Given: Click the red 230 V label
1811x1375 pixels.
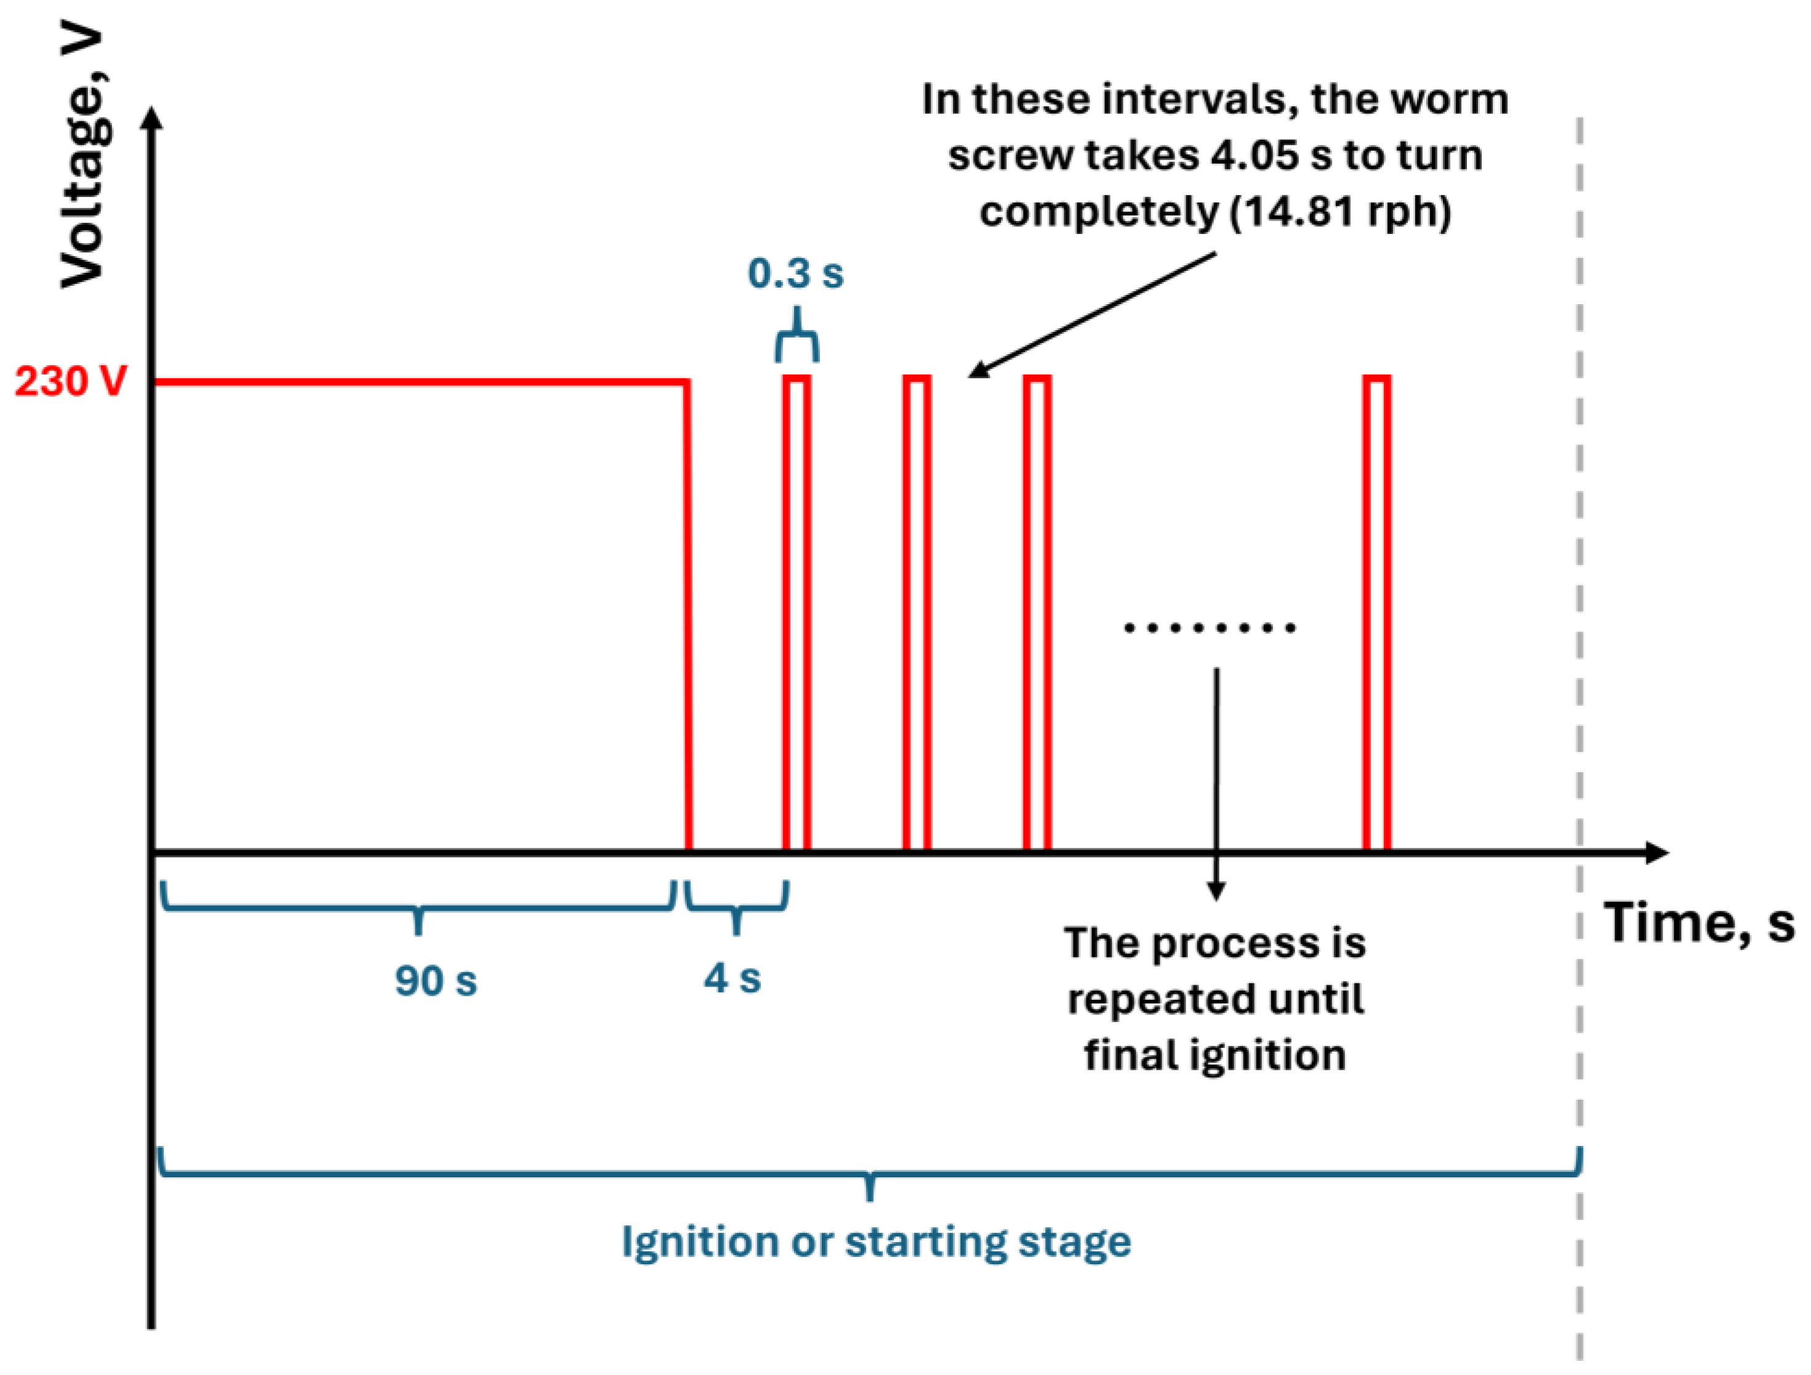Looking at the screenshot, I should click(x=71, y=382).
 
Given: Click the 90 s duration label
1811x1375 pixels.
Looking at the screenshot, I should click(x=436, y=980).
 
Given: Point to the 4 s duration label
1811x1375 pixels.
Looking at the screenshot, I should click(x=733, y=978).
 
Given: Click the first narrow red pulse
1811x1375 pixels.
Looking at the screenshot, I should click(x=797, y=614).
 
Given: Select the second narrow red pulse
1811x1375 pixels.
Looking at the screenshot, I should click(x=917, y=614).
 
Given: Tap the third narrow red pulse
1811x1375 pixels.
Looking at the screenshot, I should click(x=1037, y=614).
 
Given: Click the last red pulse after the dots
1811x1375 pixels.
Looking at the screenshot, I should click(x=1377, y=614).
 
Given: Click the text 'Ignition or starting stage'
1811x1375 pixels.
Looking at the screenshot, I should click(x=876, y=1241).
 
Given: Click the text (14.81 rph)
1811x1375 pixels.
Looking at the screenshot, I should click(x=1340, y=212).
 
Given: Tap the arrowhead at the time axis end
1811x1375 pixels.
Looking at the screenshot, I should click(x=1655, y=852).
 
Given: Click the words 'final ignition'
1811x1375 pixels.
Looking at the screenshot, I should click(x=1215, y=1055).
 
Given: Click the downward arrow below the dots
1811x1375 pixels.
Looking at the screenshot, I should click(x=1216, y=786).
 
